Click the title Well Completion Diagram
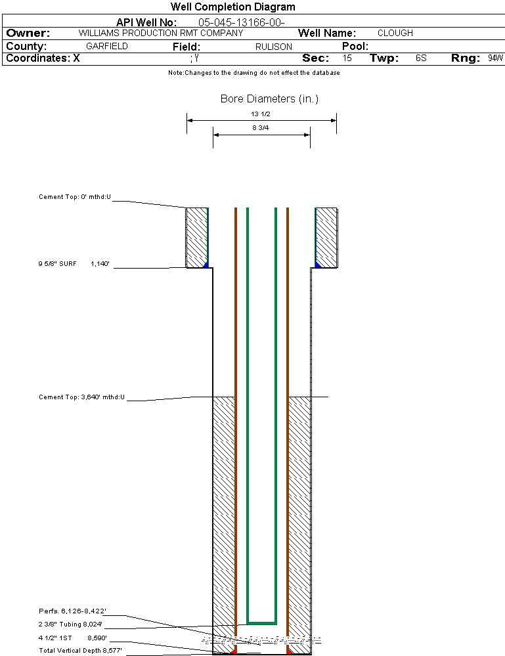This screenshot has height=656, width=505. pos(232,7)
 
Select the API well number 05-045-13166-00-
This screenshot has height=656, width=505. pos(241,22)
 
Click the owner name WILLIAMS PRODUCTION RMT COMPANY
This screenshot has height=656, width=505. pos(160,33)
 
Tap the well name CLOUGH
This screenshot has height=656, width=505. pos(395,33)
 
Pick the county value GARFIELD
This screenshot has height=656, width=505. pos(107,47)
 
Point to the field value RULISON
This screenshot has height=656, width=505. pos(274,47)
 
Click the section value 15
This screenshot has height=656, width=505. pos(347,58)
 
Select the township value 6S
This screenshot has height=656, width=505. pos(421,58)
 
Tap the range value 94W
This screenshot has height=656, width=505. pos(495,58)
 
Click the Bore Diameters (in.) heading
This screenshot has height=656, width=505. pos(269,99)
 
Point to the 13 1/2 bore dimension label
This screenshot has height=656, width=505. pos(261,114)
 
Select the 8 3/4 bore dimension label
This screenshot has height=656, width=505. pos(261,128)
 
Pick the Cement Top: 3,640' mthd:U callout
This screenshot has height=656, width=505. pos(81,397)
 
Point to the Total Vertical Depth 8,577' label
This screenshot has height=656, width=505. pos(80,650)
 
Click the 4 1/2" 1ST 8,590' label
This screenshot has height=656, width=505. pos(73,638)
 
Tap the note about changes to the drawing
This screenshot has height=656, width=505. pos(254,73)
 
